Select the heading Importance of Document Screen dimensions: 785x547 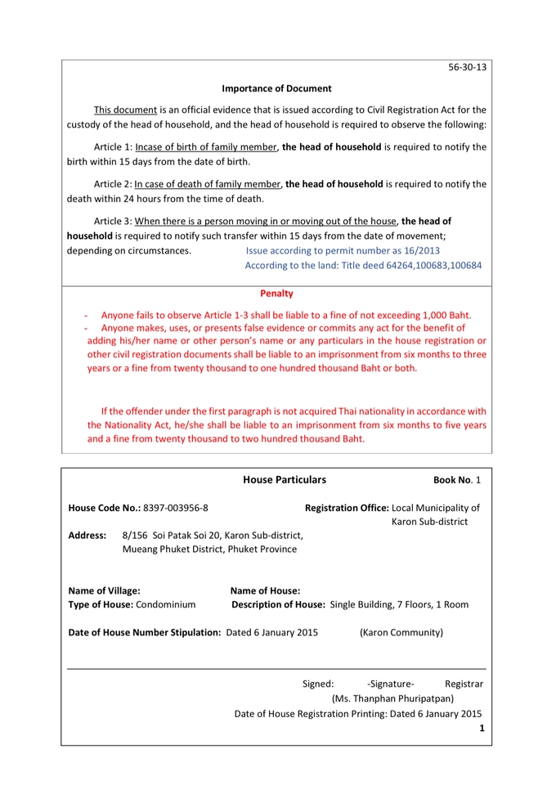[x=276, y=88]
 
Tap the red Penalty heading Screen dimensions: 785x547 [x=276, y=293]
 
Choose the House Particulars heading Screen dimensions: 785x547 [x=285, y=480]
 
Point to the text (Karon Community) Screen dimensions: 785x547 [x=401, y=632]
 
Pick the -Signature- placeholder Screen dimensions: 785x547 [x=391, y=683]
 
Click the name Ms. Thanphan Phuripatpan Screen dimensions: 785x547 [x=392, y=698]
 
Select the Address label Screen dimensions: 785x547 [x=87, y=535]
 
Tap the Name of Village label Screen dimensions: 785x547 [x=104, y=590]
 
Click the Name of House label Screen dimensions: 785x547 [x=265, y=590]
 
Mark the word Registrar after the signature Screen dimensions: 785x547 [x=464, y=683]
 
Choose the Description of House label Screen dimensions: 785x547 [x=278, y=605]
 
